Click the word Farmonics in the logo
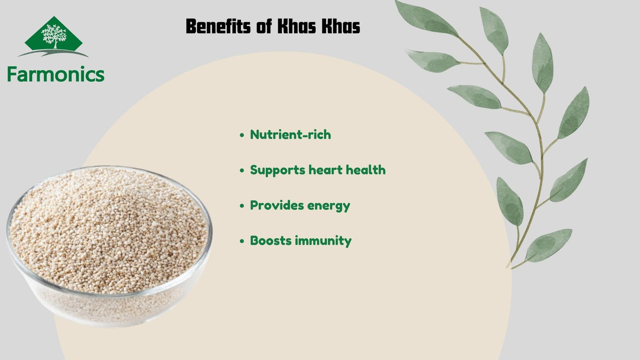(56, 74)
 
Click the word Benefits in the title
(218, 26)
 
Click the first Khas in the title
(297, 26)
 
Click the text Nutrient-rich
(291, 135)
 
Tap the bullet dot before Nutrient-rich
(242, 135)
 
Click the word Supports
(278, 170)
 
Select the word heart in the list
(326, 170)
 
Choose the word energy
(325, 206)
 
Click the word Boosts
(271, 240)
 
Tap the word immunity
(323, 241)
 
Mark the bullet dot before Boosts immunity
(242, 241)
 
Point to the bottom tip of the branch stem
(508, 267)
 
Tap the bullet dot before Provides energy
(242, 206)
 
